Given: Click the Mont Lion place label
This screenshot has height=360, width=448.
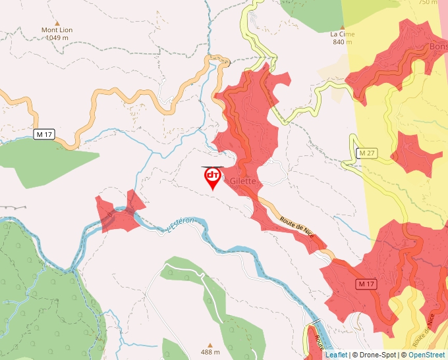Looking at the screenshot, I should (x=57, y=30).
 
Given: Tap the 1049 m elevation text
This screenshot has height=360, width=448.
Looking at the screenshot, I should (x=57, y=38).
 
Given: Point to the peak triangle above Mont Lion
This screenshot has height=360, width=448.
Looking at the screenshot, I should (x=57, y=22).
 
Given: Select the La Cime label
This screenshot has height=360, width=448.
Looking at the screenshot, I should (x=342, y=34).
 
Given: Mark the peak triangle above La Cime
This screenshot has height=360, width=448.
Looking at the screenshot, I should (x=342, y=26).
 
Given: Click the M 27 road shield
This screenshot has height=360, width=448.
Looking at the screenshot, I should (x=366, y=153).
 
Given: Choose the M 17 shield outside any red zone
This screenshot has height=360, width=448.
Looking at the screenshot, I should (x=43, y=134).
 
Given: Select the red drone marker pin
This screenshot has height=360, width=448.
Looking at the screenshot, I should (x=212, y=177).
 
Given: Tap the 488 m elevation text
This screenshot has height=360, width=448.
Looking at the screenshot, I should (x=210, y=353).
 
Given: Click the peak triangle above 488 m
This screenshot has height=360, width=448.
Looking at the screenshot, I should (x=210, y=345).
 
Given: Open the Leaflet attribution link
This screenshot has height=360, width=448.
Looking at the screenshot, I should (x=336, y=355).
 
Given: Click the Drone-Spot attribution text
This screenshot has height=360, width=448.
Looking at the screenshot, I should (x=376, y=355).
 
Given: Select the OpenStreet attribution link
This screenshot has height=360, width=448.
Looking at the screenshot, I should (x=428, y=355).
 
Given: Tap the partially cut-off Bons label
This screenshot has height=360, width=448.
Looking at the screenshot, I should (x=437, y=47).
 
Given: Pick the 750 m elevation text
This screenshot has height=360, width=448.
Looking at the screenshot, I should (x=428, y=3).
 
